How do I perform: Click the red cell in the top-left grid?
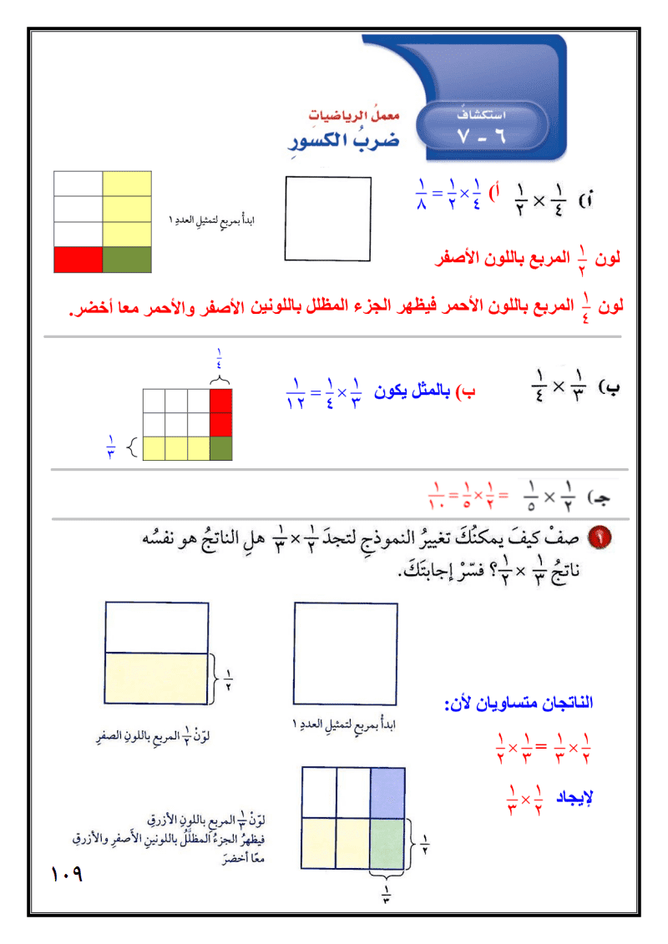point(78,260)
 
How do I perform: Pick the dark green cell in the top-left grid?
point(127,260)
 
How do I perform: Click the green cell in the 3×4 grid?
point(220,449)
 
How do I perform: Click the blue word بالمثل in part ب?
point(434,389)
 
